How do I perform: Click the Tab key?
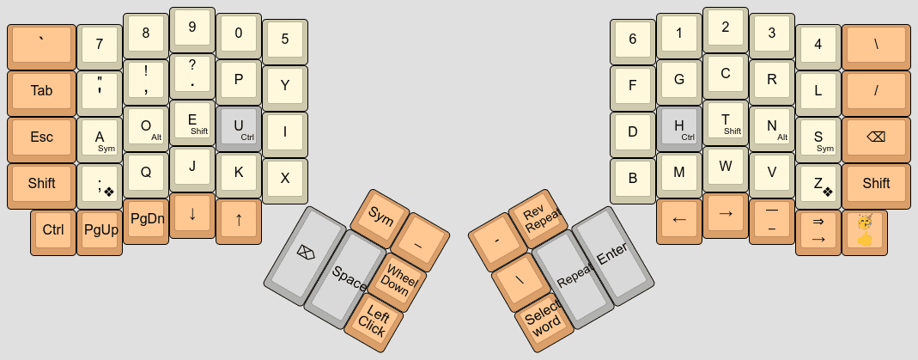pos(41,91)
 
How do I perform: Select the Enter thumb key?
pos(612,254)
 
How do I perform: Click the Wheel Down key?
pos(398,281)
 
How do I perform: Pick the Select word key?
pos(545,320)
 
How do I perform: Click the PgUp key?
pos(100,230)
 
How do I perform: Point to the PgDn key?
pos(146,219)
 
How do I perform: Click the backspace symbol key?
pos(875,137)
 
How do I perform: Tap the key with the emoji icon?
pos(864,230)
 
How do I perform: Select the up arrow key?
pos(239,219)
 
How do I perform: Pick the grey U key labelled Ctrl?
pos(239,128)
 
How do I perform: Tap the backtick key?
pos(41,45)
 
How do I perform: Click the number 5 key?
pos(285,40)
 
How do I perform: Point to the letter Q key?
pos(146,173)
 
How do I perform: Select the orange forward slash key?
pos(875,91)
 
